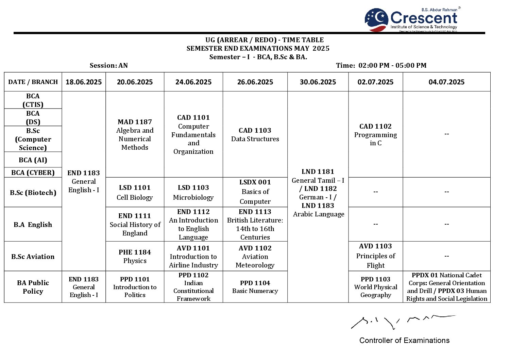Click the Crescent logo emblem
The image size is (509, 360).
click(x=376, y=20)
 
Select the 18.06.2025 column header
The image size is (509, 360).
click(x=84, y=82)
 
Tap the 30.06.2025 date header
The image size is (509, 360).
click(x=318, y=82)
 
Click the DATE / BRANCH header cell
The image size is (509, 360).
click(x=33, y=82)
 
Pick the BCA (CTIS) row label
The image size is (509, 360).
click(x=33, y=100)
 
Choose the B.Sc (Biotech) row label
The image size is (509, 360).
click(x=33, y=193)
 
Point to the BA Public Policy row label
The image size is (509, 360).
click(x=33, y=287)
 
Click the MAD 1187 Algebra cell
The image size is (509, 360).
click(x=135, y=134)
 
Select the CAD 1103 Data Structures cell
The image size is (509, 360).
click(x=255, y=134)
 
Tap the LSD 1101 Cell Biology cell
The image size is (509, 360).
click(x=135, y=192)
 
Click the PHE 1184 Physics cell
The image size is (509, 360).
click(x=135, y=256)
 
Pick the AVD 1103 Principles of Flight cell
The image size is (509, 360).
click(x=375, y=256)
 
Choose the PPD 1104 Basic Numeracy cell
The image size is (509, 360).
click(x=255, y=287)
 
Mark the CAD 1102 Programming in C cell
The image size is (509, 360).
click(x=375, y=134)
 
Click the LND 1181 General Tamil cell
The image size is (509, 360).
click(x=318, y=193)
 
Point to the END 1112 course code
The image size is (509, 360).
click(x=193, y=212)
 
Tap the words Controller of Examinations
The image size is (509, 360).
click(x=404, y=340)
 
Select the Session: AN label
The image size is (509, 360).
click(x=108, y=65)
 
